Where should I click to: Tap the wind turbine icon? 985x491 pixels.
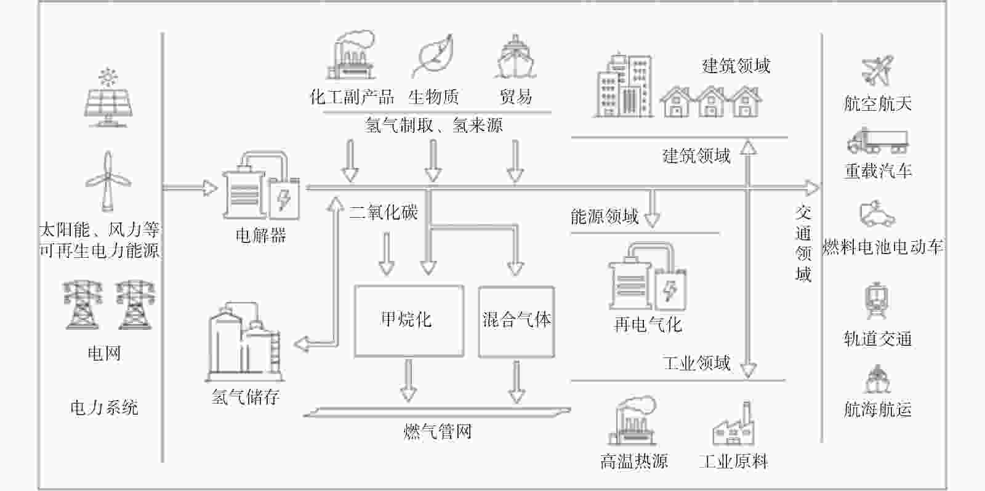(108, 181)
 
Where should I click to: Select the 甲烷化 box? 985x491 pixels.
(409, 321)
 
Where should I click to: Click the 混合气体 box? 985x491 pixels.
(517, 322)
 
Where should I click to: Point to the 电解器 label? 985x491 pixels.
(261, 236)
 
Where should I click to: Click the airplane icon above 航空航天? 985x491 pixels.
(877, 70)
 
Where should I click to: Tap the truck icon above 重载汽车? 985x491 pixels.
(878, 141)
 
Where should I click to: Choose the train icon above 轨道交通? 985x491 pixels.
(877, 301)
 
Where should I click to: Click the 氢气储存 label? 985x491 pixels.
(246, 397)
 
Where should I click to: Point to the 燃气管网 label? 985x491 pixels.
(438, 432)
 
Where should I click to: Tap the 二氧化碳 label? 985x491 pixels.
(384, 212)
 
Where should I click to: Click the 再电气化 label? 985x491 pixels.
(648, 324)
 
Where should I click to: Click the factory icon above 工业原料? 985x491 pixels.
(733, 423)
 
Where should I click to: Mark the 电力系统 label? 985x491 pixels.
(104, 408)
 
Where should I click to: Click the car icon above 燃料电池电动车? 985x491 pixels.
(877, 214)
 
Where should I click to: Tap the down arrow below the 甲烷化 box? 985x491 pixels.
(409, 381)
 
